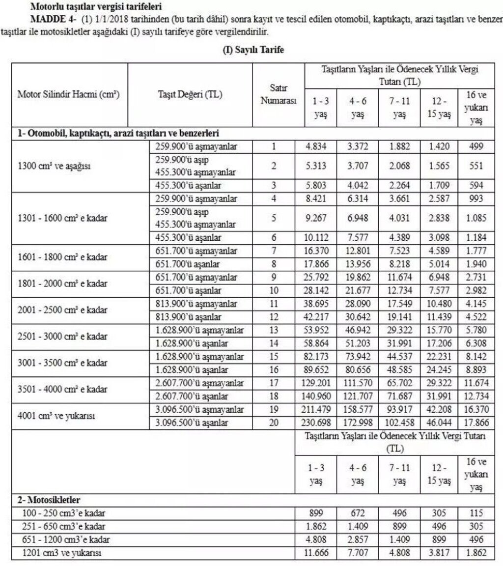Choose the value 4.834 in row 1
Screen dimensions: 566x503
point(316,146)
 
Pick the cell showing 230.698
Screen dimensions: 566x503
point(316,423)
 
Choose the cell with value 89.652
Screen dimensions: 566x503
point(316,369)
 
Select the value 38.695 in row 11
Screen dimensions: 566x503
point(316,305)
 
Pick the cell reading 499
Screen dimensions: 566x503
point(475,146)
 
